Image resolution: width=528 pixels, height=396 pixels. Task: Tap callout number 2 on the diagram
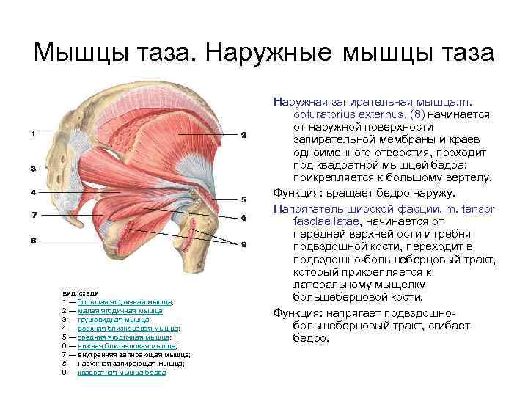click(x=243, y=135)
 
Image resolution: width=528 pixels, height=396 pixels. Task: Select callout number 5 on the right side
click(x=243, y=199)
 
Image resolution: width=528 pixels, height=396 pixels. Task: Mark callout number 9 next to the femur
click(x=243, y=243)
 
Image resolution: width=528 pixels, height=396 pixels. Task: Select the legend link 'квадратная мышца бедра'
click(x=122, y=372)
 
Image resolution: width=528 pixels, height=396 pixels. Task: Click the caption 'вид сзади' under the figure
click(x=76, y=293)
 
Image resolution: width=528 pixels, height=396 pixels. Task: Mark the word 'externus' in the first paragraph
click(x=382, y=115)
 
